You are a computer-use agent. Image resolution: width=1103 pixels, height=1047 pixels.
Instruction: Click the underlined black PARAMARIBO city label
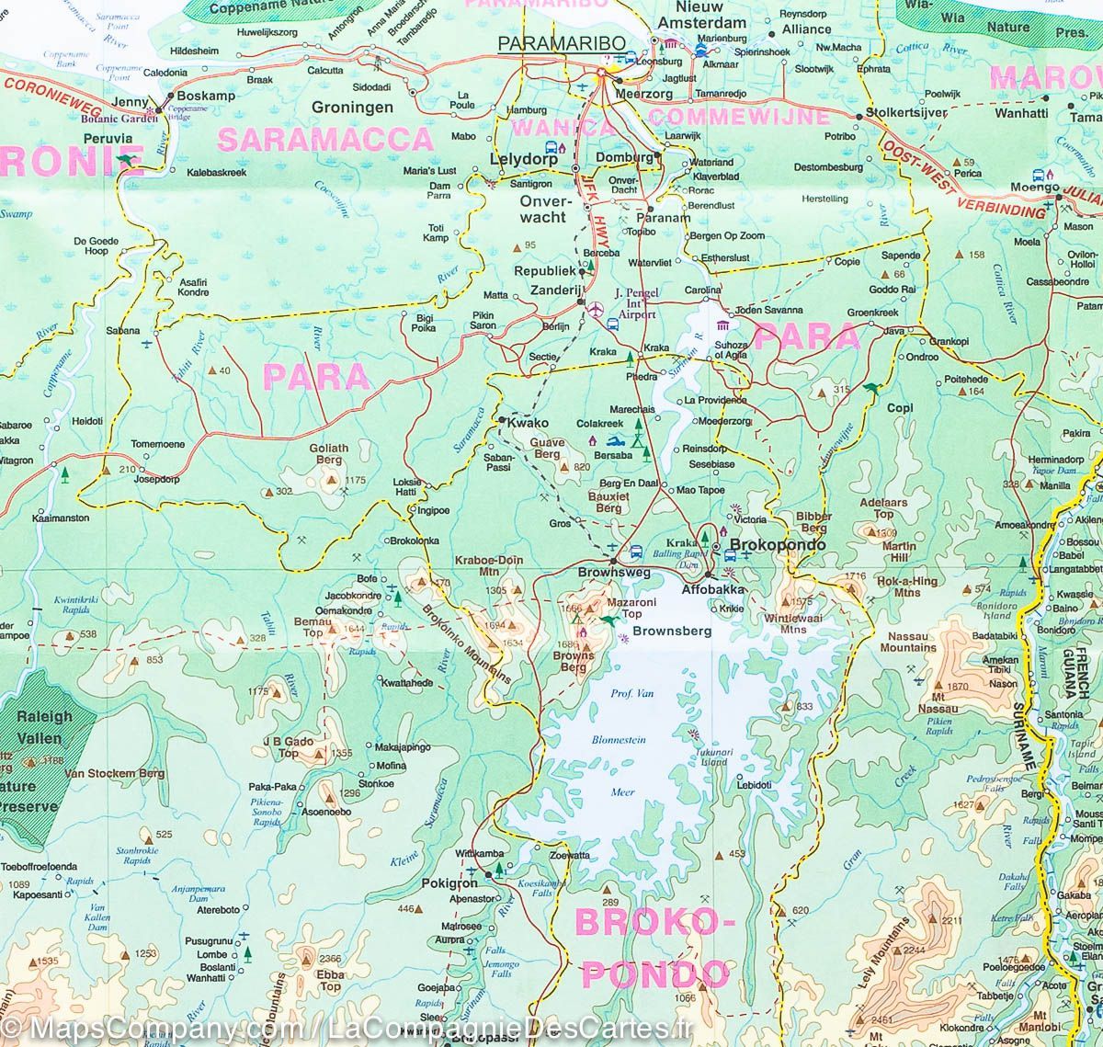[562, 43]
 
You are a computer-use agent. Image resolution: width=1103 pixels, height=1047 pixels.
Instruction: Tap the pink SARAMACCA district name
[325, 139]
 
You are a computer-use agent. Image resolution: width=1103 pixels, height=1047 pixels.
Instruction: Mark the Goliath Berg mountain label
[330, 455]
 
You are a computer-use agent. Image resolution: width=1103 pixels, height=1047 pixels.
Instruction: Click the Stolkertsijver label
[912, 114]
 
